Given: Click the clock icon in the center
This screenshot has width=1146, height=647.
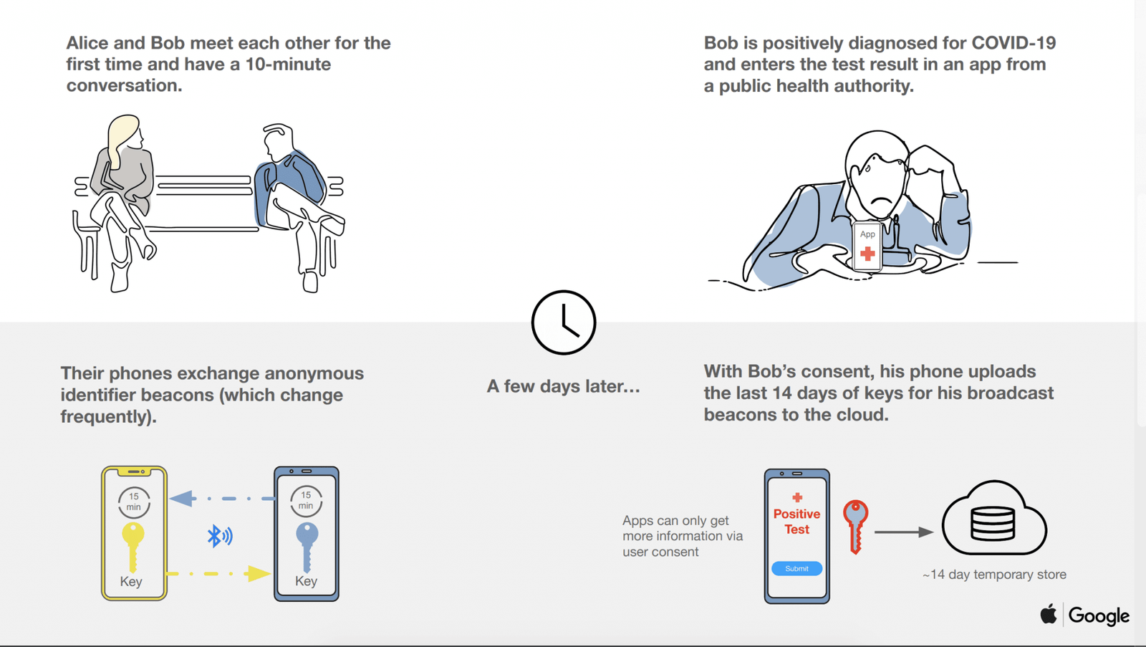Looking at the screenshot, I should pos(564,322).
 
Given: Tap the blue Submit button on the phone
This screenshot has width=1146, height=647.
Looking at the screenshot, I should pos(796,568).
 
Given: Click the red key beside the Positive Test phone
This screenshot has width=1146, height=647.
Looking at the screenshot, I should pos(855,526).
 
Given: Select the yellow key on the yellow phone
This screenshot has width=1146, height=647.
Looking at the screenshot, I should pos(133,545).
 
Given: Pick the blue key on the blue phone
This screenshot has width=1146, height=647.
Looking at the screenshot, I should pos(307,545).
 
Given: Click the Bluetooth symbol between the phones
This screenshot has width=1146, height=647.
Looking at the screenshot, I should pos(219,536).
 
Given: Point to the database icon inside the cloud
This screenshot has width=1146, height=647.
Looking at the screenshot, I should pos(993,523).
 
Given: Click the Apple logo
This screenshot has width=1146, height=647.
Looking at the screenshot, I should pos(1049,614).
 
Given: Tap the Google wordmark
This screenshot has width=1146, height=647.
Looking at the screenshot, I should pos(1099,615).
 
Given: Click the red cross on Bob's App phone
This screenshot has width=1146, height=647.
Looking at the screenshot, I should pos(867,253).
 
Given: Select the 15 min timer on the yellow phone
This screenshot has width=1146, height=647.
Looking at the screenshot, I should pos(134,502).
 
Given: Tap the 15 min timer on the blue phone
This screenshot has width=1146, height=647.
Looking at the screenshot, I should pos(306,501).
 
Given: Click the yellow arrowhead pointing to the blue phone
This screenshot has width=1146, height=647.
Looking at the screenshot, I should pos(257,573).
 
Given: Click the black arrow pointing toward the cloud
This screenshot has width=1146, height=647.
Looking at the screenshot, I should pos(904,532).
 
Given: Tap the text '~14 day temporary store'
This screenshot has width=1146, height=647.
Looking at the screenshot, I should pos(994,575).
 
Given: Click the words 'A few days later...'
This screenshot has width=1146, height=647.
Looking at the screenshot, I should pos(563,386).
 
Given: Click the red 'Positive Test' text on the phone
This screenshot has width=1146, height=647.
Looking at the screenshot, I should pos(796,522).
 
